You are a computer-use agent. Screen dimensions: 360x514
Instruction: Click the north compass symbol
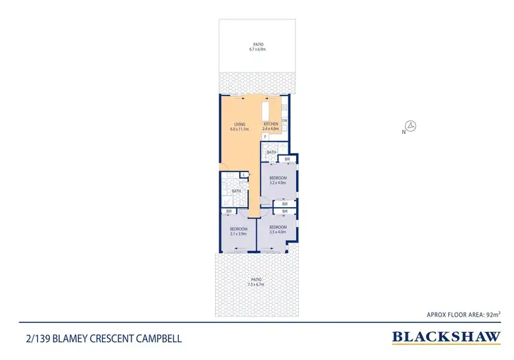(x=411, y=126)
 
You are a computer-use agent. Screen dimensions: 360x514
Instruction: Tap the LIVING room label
(x=238, y=124)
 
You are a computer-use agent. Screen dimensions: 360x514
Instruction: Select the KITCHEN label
(x=271, y=124)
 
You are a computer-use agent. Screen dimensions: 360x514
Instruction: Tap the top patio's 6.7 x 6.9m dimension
(x=257, y=49)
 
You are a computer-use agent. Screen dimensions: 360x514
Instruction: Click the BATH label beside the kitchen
(x=271, y=152)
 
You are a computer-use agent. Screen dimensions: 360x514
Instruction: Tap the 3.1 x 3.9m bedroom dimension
(x=238, y=234)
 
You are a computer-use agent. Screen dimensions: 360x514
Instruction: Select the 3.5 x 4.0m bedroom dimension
(x=277, y=231)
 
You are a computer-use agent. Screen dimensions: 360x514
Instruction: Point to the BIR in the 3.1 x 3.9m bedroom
(x=228, y=212)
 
